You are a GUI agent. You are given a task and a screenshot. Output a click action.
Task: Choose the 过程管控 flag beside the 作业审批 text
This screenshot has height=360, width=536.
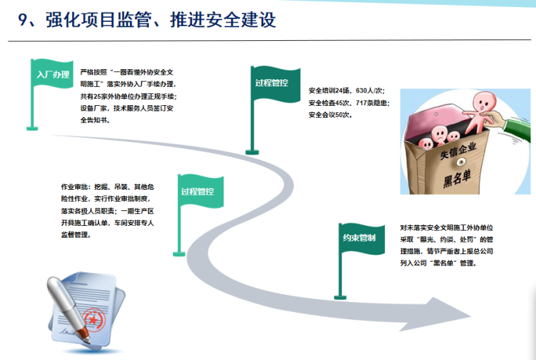click(198, 191)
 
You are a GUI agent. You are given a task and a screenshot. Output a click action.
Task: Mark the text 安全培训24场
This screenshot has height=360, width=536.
click(329, 91)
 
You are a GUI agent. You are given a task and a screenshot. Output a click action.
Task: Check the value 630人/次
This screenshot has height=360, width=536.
click(370, 91)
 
